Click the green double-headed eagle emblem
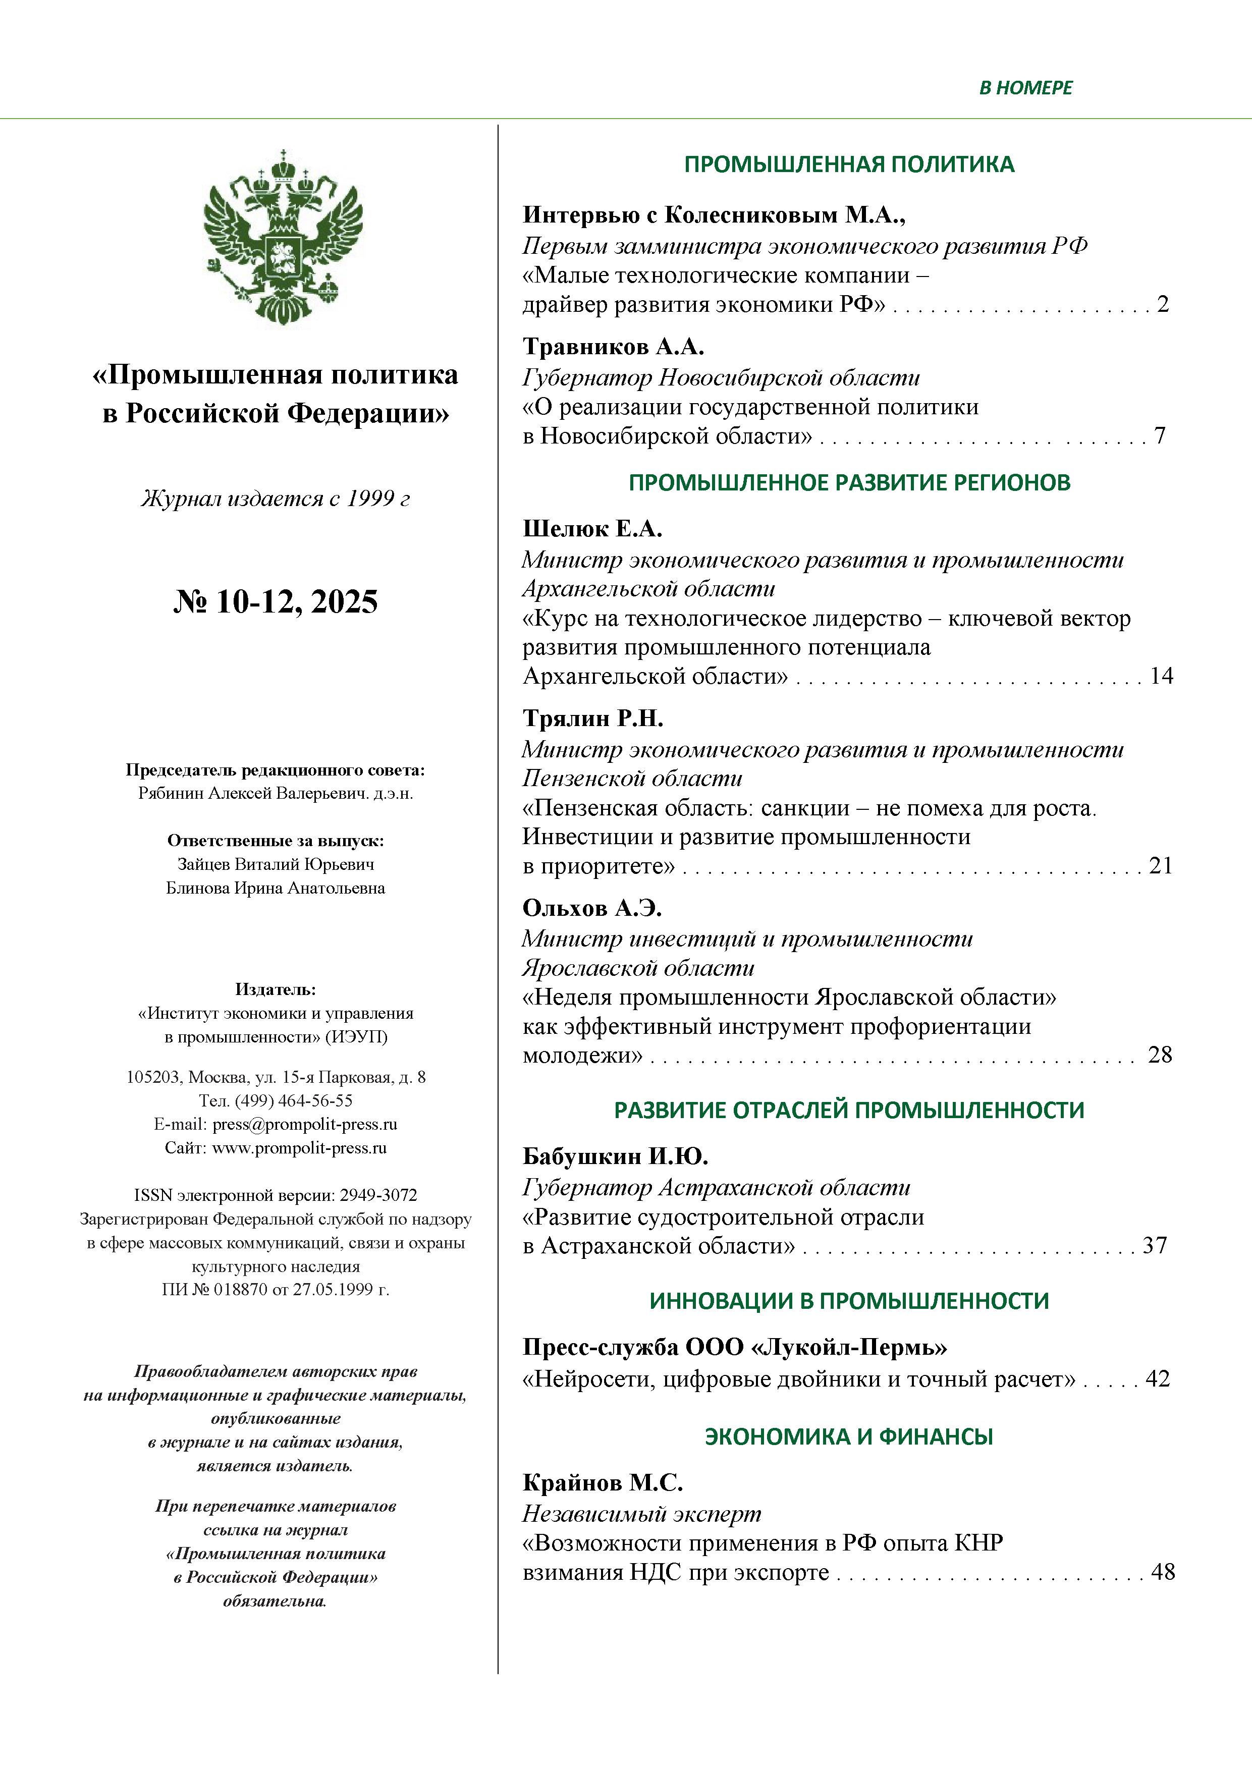[x=283, y=238]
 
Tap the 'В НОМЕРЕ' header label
[x=1025, y=88]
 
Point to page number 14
[x=1161, y=676]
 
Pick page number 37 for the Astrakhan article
[x=1154, y=1246]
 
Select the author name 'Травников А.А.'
[x=614, y=347]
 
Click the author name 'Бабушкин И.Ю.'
[x=615, y=1156]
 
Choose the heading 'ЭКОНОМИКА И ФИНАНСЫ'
[x=849, y=1437]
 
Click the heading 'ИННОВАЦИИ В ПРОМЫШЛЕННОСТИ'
[x=849, y=1301]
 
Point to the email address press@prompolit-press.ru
[x=305, y=1124]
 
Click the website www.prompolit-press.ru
[x=299, y=1148]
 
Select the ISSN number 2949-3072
[x=378, y=1196]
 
